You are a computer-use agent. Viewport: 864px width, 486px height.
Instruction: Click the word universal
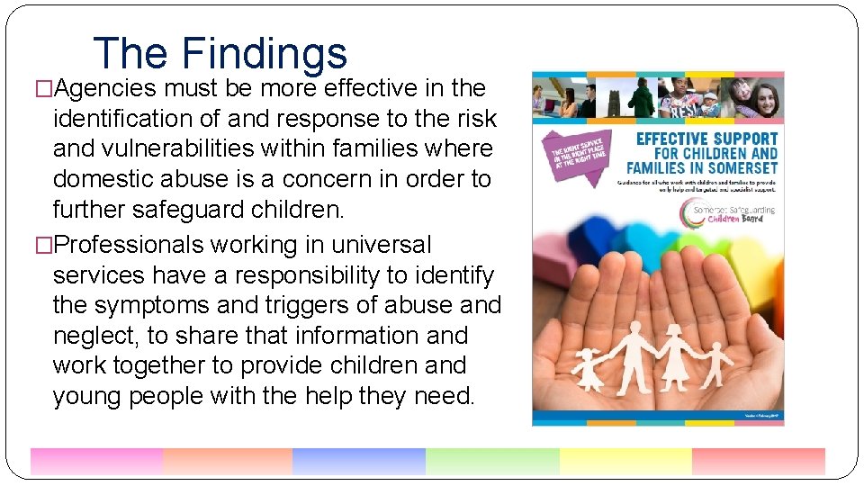tap(381, 245)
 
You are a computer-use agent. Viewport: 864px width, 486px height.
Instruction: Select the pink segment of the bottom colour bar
tap(96, 461)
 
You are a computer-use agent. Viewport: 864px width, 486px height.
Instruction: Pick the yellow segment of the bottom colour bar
tap(625, 461)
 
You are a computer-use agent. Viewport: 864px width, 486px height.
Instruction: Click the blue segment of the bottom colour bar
tap(358, 461)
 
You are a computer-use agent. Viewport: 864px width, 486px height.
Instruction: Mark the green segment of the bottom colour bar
tap(491, 461)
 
